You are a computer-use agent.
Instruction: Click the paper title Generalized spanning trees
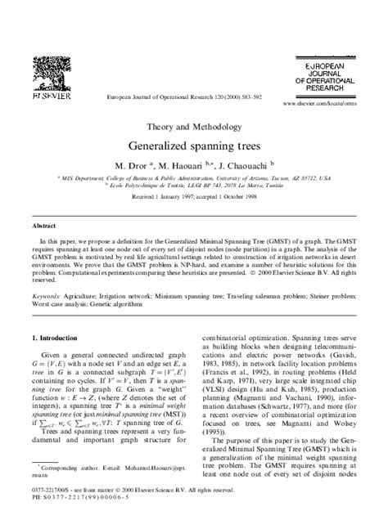tap(193, 146)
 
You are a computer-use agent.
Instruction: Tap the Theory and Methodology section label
tap(193, 127)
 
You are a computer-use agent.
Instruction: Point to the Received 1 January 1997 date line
tap(194, 198)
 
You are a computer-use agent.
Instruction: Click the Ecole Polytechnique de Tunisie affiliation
tap(194, 184)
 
